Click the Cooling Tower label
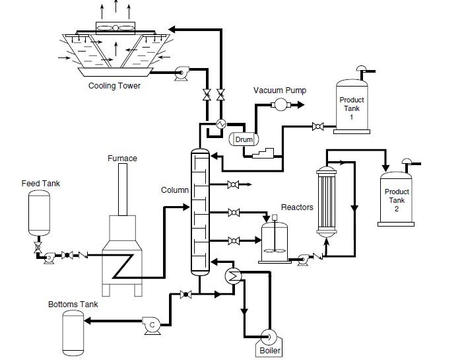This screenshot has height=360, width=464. point(115,86)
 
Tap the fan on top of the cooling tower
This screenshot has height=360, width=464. point(116,28)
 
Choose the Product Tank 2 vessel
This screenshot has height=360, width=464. point(397,198)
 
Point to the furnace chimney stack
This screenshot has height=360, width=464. point(123,189)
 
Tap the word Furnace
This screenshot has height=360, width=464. point(122,159)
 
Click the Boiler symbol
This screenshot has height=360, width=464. point(269,338)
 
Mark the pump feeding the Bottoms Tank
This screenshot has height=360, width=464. point(152,324)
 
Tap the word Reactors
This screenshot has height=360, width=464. point(297,207)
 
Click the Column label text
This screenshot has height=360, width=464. point(174,190)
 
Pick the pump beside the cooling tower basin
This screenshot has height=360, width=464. point(180,74)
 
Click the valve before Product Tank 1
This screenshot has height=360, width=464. point(317,126)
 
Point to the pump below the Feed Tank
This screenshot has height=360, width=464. point(48,260)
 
